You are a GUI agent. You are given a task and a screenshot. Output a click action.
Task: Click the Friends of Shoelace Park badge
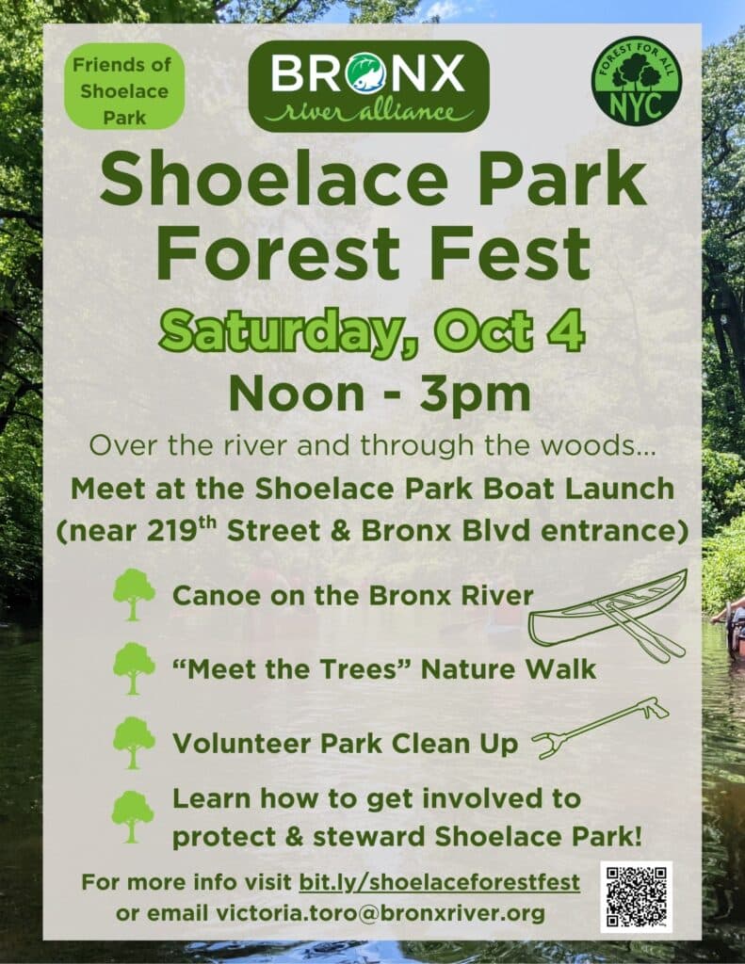(x=125, y=87)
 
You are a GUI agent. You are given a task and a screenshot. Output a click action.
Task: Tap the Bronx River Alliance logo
(x=368, y=86)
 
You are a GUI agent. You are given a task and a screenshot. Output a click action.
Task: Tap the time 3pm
(x=475, y=394)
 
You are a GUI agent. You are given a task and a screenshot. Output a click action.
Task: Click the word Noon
(x=297, y=394)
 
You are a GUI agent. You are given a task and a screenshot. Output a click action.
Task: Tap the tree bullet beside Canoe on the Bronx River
(x=134, y=595)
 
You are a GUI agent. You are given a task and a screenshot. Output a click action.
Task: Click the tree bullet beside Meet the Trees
(x=134, y=669)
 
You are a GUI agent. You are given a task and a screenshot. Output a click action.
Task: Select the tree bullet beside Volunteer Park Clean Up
(x=134, y=743)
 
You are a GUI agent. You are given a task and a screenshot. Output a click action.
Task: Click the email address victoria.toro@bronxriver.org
(x=381, y=913)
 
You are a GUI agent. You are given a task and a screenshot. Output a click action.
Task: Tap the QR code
(x=636, y=896)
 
